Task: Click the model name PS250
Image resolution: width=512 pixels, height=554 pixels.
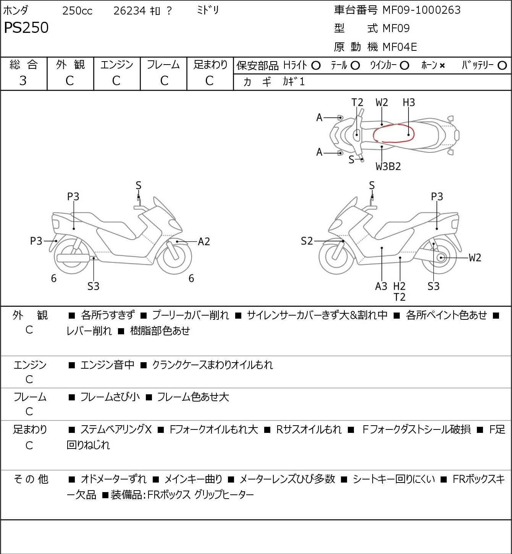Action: coord(26,28)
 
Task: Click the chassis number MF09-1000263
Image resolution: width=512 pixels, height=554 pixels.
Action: coord(421,10)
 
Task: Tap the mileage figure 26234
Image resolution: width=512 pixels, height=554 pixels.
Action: coord(129,11)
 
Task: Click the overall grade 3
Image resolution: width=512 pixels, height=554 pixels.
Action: coord(23,81)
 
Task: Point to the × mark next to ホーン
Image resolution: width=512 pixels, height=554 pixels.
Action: coord(442,66)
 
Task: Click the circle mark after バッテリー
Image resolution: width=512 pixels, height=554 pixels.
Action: coord(502,66)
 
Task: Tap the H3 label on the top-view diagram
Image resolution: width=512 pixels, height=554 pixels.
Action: coord(409,102)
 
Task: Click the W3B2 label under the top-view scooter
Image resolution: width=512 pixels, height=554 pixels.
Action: coord(388,167)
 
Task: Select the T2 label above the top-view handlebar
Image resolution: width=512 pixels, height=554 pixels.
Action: coord(357,102)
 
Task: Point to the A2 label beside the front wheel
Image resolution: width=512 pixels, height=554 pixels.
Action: coord(204,241)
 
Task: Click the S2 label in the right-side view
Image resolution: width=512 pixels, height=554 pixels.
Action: coord(307,241)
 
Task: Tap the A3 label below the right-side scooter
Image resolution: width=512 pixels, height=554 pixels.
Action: coord(381,286)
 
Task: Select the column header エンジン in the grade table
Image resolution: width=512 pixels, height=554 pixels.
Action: coord(116,65)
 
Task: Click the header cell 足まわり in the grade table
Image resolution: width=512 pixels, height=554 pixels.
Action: coord(210,65)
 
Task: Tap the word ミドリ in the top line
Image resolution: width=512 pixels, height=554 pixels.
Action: coord(208,10)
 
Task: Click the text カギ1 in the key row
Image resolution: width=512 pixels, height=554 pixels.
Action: coord(294,82)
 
